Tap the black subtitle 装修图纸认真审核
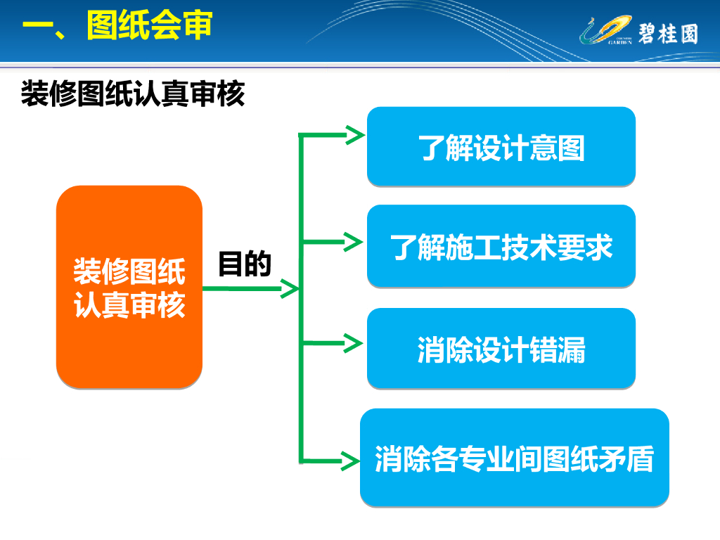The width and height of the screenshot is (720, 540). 133,94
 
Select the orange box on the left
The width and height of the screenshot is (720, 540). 129,287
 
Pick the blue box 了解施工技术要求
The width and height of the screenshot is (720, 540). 501,246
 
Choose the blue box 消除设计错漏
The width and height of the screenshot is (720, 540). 501,349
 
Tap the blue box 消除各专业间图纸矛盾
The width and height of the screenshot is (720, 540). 514,458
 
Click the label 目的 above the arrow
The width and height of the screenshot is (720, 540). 244,264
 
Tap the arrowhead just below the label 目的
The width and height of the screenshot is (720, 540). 290,288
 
